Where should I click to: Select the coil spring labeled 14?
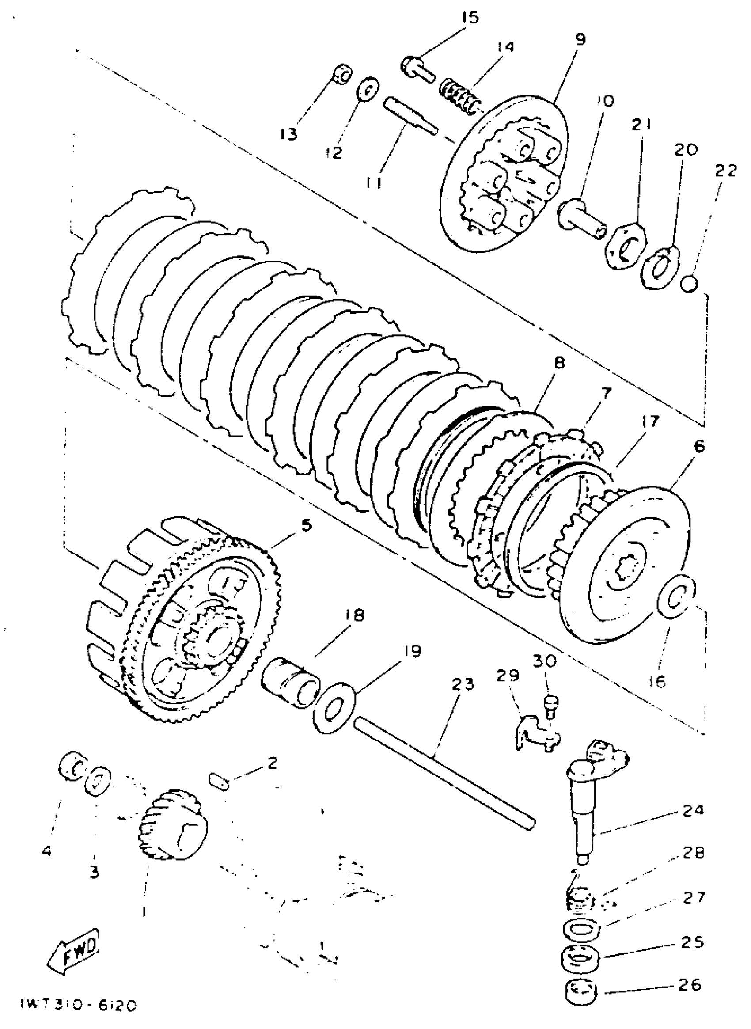pos(460,95)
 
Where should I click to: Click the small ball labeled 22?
pos(689,284)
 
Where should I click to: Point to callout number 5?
pos(307,526)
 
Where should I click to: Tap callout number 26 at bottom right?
pos(689,984)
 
